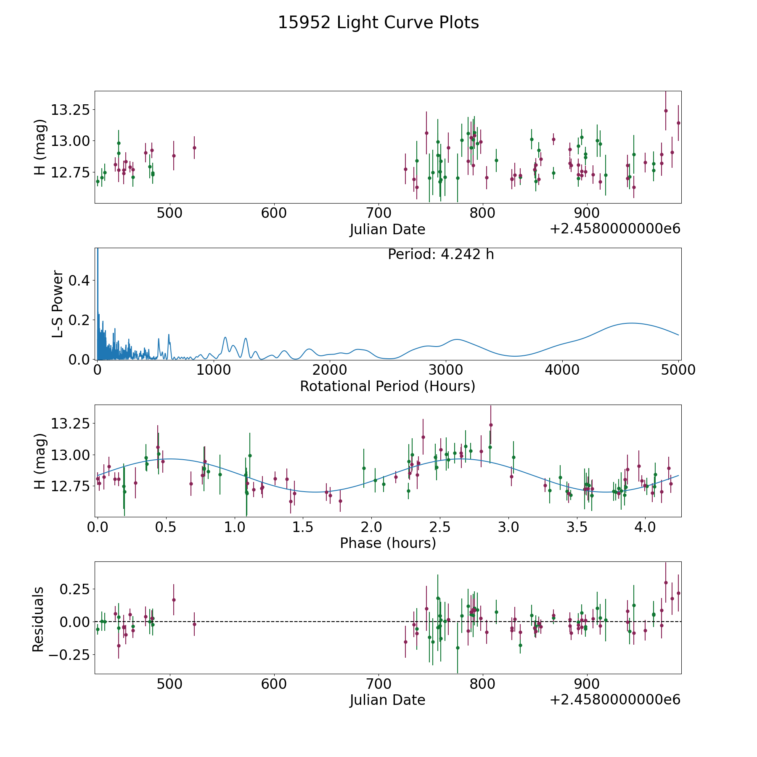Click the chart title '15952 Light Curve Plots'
[x=378, y=23]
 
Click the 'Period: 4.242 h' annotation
[x=440, y=254]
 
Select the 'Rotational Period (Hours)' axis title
[x=387, y=386]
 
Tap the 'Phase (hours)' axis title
[x=387, y=543]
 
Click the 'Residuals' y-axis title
[x=38, y=619]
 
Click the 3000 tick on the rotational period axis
[x=446, y=370]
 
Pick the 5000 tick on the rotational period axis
[x=678, y=370]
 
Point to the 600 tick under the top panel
[x=274, y=213]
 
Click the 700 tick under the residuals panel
[x=378, y=684]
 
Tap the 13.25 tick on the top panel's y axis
[x=70, y=110]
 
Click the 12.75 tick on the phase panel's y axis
[x=70, y=487]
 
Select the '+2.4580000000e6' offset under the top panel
[x=615, y=229]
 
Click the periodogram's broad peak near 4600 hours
[x=631, y=323]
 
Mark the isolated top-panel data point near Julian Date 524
[x=194, y=148]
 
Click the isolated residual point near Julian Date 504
[x=174, y=600]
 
